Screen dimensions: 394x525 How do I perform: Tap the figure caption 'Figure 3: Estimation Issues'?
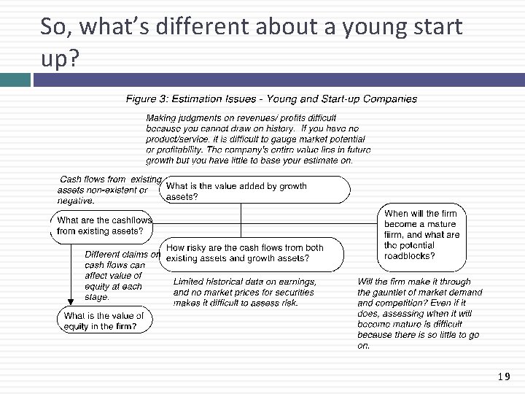(x=190, y=99)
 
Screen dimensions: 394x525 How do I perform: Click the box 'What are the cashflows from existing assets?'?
(x=104, y=225)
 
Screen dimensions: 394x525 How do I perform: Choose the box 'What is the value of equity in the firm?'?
(x=104, y=321)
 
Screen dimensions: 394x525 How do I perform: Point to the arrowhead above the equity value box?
(x=71, y=300)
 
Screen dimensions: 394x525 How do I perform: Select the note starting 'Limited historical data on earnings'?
(x=244, y=292)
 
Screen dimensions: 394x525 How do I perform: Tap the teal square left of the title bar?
(x=15, y=79)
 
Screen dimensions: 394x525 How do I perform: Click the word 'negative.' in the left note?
(x=76, y=201)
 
